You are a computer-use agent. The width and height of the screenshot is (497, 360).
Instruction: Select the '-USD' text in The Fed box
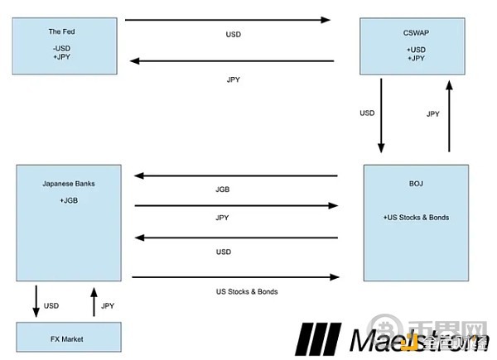pyautogui.click(x=60, y=49)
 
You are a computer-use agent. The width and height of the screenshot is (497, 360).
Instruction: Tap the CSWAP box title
pyautogui.click(x=416, y=33)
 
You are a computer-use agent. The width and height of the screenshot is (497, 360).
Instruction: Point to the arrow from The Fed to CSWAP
pyautogui.click(x=227, y=19)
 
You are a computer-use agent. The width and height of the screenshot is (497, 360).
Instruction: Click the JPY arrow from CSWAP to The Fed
pyautogui.click(x=232, y=61)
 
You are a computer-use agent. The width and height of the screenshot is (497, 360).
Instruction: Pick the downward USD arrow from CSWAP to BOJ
pyautogui.click(x=381, y=116)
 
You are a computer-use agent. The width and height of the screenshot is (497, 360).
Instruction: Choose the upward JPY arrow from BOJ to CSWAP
pyautogui.click(x=449, y=116)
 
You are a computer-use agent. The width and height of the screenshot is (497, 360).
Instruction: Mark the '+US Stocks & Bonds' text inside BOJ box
pyautogui.click(x=416, y=217)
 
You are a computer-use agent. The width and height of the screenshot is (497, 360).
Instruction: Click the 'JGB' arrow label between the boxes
pyautogui.click(x=222, y=190)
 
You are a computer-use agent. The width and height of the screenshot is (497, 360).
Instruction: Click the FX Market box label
pyautogui.click(x=66, y=339)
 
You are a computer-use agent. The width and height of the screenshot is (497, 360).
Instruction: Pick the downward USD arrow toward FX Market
pyautogui.click(x=36, y=300)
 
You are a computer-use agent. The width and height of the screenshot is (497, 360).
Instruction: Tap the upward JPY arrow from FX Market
pyautogui.click(x=94, y=303)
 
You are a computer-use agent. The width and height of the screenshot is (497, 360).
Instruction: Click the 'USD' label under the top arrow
pyautogui.click(x=234, y=35)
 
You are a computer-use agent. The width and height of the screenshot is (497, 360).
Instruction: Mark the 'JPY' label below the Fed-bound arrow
pyautogui.click(x=234, y=79)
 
